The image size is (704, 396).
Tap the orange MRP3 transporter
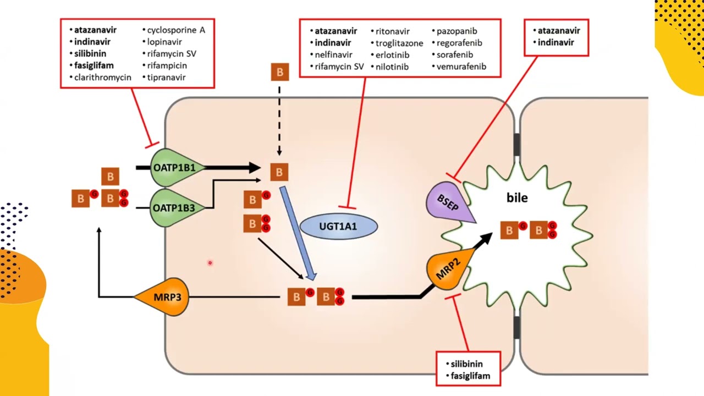click(x=167, y=297)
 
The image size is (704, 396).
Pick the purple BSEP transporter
click(x=448, y=201)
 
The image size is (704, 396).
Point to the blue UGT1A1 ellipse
click(x=338, y=226)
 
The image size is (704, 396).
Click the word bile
click(x=517, y=198)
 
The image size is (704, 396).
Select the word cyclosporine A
click(x=176, y=30)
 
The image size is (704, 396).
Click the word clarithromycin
click(x=103, y=77)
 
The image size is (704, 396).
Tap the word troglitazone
click(x=399, y=43)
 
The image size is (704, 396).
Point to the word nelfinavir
click(x=333, y=54)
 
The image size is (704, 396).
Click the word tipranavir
click(x=166, y=77)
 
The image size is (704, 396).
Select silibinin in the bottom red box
click(x=466, y=364)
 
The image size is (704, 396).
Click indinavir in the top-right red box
click(x=555, y=42)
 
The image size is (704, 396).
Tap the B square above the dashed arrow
click(x=279, y=72)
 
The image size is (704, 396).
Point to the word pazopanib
click(x=457, y=31)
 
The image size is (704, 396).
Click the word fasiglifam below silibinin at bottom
click(x=470, y=376)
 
